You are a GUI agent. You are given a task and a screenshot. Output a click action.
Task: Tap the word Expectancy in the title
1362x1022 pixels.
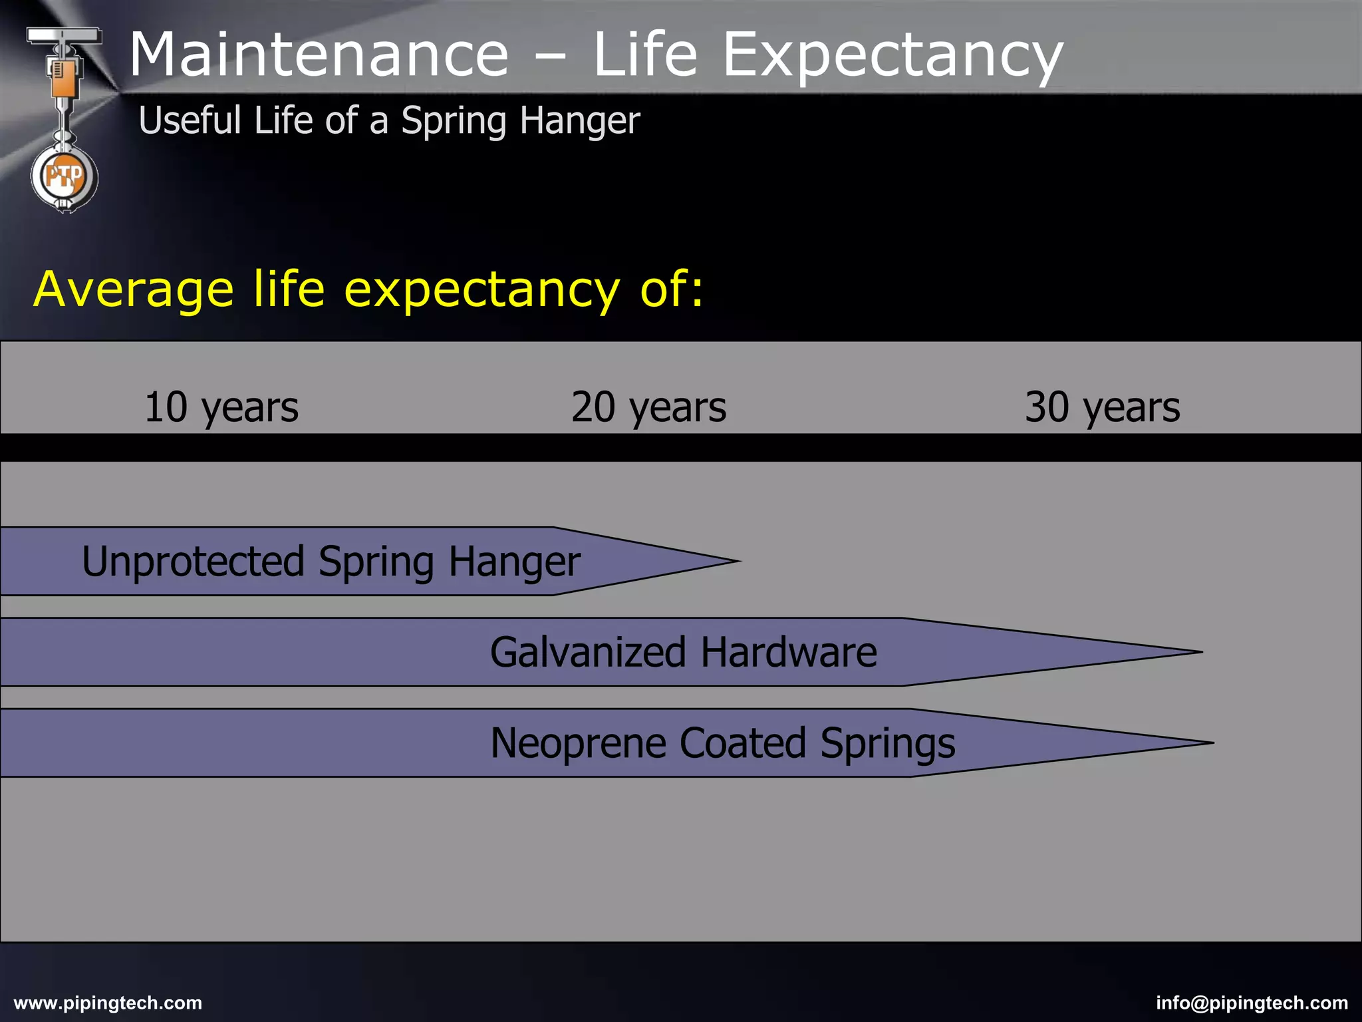pyautogui.click(x=892, y=57)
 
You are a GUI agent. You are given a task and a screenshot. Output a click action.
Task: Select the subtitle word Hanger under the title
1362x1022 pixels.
pyautogui.click(x=579, y=121)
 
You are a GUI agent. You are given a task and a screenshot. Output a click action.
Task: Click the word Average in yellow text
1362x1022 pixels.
pyautogui.click(x=133, y=290)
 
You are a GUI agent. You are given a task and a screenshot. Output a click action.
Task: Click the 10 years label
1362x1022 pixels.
pyautogui.click(x=221, y=407)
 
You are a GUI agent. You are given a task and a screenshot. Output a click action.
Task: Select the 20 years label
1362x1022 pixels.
pyautogui.click(x=648, y=407)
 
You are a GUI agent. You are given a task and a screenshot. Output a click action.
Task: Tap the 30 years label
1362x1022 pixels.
pyautogui.click(x=1102, y=407)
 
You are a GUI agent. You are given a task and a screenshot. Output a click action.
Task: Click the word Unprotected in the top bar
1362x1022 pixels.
pyautogui.click(x=193, y=562)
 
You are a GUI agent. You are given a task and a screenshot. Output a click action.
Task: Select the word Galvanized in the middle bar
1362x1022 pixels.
pyautogui.click(x=588, y=652)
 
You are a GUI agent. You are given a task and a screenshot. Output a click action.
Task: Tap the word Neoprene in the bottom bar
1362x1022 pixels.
pyautogui.click(x=577, y=743)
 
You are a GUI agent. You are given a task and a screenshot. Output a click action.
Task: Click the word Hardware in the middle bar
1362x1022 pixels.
pyautogui.click(x=789, y=652)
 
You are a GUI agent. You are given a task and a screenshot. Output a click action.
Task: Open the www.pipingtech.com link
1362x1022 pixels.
pyautogui.click(x=108, y=1003)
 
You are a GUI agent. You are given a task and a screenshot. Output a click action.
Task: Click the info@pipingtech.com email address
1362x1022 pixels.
pyautogui.click(x=1252, y=1003)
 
